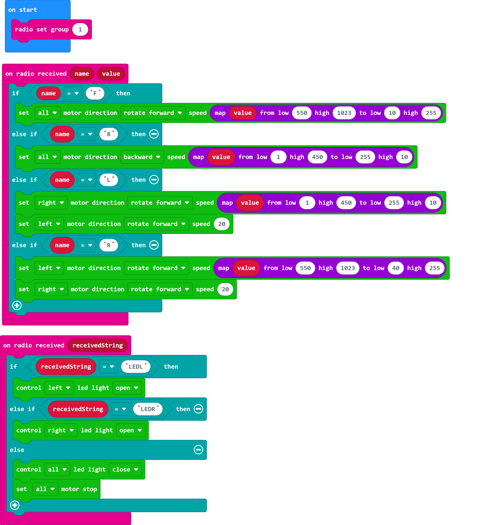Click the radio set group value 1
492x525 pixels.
coord(80,29)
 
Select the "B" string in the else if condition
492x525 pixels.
coord(109,134)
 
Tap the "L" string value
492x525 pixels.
coord(109,180)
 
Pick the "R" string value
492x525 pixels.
coord(109,245)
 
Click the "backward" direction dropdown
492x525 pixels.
coord(142,157)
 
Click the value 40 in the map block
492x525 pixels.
coord(395,268)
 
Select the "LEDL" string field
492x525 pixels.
coord(136,367)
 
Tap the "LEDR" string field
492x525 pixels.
coord(148,409)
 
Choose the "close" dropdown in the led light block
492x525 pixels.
coord(125,469)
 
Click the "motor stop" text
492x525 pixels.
coord(79,489)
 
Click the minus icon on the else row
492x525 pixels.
coord(198,449)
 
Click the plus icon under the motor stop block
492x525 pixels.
coord(15,505)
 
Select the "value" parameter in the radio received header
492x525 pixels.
coord(111,74)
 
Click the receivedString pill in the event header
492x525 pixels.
coord(97,345)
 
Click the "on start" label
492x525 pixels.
coord(22,10)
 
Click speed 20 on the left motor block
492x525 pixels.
coord(222,224)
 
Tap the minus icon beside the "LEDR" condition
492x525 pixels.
coord(198,409)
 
